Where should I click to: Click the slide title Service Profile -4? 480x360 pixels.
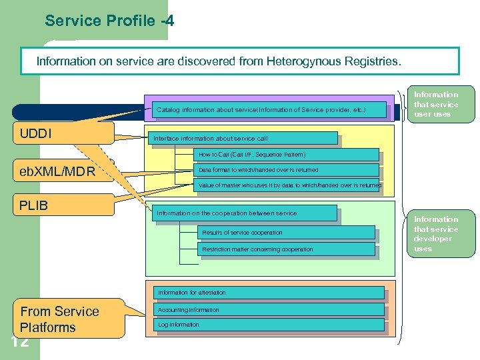(x=109, y=21)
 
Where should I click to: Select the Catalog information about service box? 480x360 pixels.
(x=270, y=109)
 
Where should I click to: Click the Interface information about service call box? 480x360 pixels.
(x=244, y=138)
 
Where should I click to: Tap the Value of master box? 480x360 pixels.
(x=288, y=185)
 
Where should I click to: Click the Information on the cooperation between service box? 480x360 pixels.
(x=244, y=213)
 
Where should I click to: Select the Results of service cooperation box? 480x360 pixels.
(x=286, y=233)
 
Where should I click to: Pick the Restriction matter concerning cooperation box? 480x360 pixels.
(x=286, y=249)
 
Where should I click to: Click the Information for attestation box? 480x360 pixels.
(x=269, y=293)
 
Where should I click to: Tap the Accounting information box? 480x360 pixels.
(x=269, y=310)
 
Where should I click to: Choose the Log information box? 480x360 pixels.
(x=269, y=325)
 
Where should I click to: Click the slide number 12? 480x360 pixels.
(x=20, y=343)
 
